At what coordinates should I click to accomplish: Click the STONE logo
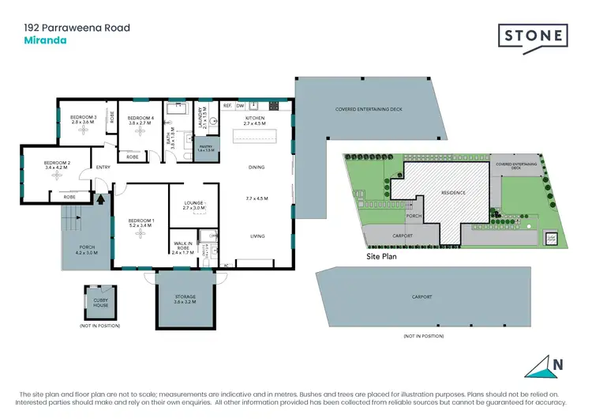coord(532,36)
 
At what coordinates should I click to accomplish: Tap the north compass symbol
coord(550,366)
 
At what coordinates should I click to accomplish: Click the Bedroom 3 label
coord(82,118)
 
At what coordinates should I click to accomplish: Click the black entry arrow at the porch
coord(100,199)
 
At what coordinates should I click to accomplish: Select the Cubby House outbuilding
coord(100,300)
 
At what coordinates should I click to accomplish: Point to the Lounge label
coord(194,203)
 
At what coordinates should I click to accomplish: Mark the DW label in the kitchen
coord(241,105)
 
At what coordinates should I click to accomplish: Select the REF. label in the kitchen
coord(227,105)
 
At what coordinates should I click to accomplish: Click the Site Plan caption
coord(384,257)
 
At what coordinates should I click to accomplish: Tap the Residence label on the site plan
coord(452,193)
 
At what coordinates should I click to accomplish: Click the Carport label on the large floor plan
coord(422,296)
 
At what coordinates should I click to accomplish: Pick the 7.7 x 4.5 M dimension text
coord(257,197)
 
